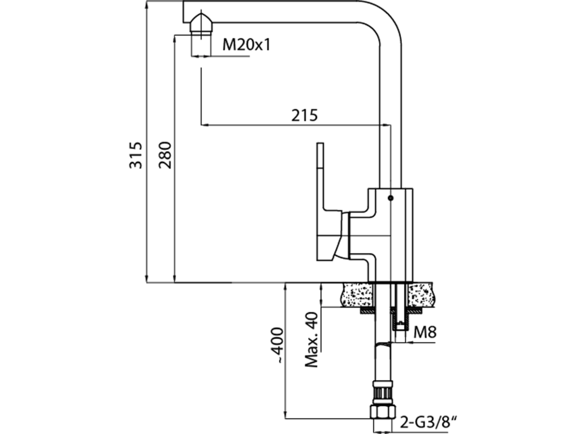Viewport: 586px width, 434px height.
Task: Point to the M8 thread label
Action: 425,331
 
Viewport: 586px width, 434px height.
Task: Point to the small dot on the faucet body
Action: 390,198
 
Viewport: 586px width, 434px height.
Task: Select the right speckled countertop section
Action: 423,295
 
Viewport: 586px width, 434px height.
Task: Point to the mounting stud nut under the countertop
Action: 400,326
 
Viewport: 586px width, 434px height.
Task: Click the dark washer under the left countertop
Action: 366,311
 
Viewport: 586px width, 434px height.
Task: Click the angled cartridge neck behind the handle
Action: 345,235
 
